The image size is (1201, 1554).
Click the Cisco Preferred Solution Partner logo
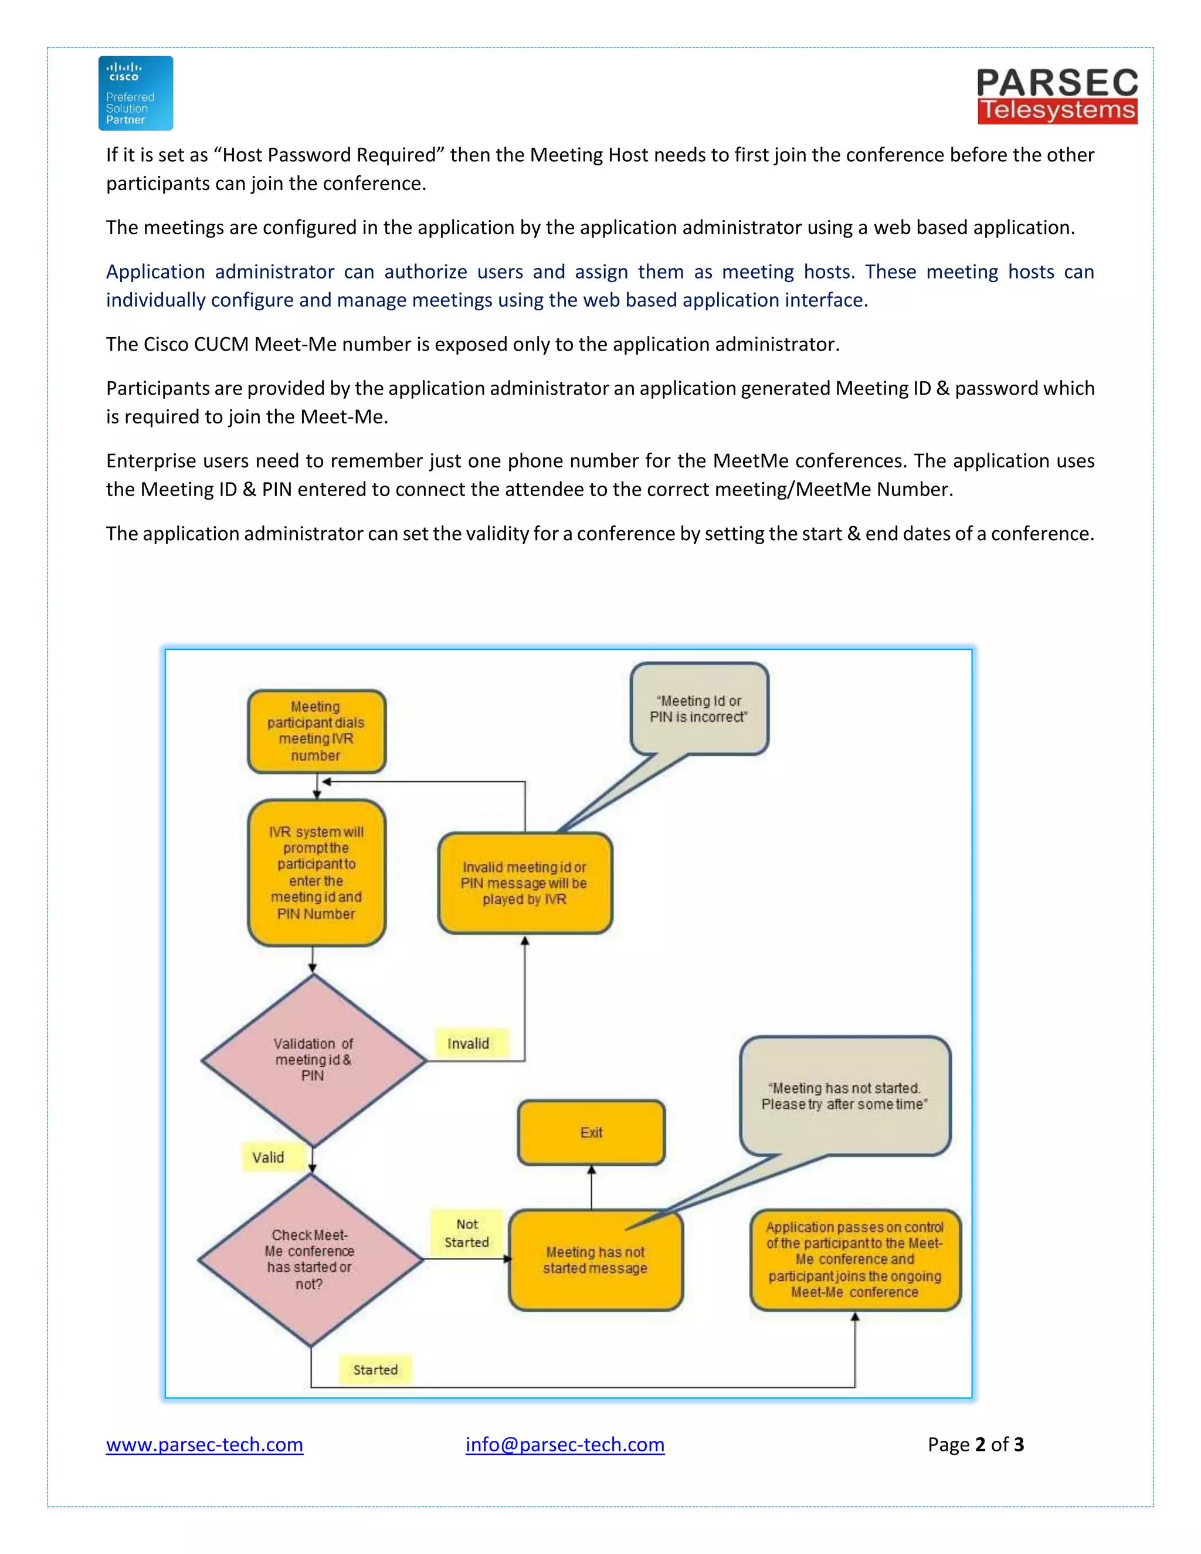click(135, 93)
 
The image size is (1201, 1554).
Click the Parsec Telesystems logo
click(1057, 96)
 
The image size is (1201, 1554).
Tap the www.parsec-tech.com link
click(204, 1444)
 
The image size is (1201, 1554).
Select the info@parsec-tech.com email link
click(565, 1444)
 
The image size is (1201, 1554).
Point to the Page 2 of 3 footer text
click(975, 1444)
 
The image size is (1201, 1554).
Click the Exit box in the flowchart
click(591, 1132)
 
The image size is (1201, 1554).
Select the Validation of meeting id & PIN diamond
click(313, 1060)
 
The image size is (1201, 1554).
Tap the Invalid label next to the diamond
click(468, 1043)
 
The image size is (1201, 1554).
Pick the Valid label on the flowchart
click(268, 1157)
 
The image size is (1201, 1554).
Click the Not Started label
click(467, 1233)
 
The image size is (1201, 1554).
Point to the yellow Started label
click(376, 1370)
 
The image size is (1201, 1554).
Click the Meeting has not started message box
click(596, 1260)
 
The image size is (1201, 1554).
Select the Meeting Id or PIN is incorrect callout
click(698, 709)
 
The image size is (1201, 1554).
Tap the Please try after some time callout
click(844, 1096)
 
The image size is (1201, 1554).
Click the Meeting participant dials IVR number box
click(316, 731)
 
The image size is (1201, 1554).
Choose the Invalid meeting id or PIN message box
click(524, 883)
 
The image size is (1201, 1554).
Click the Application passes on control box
click(854, 1260)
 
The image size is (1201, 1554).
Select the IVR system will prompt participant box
click(316, 873)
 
